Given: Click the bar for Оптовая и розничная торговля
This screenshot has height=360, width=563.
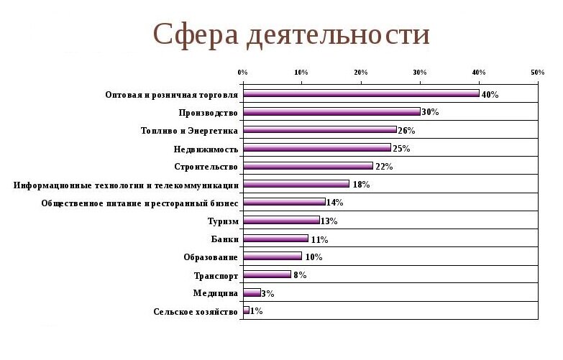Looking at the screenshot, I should tap(361, 93).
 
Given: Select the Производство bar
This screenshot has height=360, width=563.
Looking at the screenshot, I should tap(331, 111).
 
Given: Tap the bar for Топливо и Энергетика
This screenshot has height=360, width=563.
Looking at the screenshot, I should tap(320, 130).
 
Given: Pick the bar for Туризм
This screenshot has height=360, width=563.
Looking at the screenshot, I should tap(281, 220).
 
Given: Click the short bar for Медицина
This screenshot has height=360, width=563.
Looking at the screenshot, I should tap(252, 292).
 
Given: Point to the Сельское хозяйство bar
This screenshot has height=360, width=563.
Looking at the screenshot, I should tap(246, 310).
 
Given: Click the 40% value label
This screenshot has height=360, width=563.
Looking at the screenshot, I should tap(490, 94).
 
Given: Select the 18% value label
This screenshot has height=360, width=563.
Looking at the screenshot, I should tap(360, 185).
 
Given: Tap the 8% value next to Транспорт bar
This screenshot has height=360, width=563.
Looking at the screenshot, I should tap(300, 275).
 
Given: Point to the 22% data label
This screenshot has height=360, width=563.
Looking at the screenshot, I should tap(384, 167).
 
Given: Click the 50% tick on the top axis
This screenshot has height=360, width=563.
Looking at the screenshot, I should tap(537, 73).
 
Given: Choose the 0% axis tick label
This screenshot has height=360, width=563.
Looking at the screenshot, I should tap(242, 73).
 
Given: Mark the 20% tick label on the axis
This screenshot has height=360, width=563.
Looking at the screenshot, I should tap(360, 73).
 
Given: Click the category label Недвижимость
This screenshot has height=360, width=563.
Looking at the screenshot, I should tap(206, 149).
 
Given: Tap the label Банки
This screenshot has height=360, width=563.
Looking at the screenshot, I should tap(224, 239).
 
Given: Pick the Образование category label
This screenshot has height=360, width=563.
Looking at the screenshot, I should tap(211, 257).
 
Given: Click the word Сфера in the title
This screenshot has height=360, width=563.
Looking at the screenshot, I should tap(196, 34).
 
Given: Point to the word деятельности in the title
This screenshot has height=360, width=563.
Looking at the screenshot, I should tap(337, 34).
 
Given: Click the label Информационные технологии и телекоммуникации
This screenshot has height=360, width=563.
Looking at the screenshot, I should tap(126, 185).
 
